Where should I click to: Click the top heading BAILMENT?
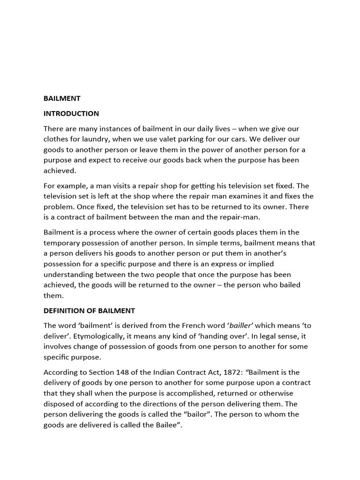pyautogui.click(x=62, y=98)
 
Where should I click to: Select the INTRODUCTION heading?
pyautogui.click(x=71, y=113)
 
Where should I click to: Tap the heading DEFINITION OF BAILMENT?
pyautogui.click(x=89, y=311)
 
